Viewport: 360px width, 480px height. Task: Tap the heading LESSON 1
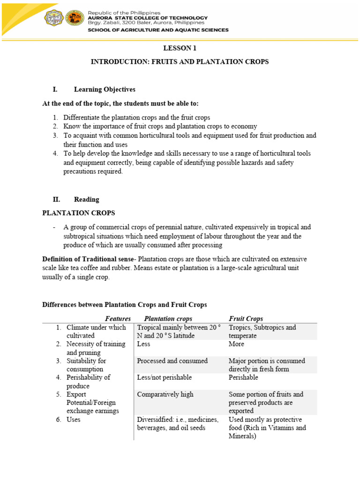(180, 48)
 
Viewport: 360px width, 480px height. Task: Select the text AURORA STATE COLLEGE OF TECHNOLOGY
(148, 17)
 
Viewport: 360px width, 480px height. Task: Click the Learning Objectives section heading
(105, 89)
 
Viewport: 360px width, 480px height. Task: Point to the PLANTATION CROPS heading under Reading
(78, 213)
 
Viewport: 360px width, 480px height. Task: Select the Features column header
(118, 319)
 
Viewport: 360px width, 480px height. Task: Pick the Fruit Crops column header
(246, 319)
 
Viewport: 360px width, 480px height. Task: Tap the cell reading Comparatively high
(165, 394)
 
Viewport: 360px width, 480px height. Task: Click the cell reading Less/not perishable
(164, 377)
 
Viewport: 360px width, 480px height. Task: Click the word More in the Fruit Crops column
(237, 344)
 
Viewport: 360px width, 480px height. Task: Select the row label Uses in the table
(74, 420)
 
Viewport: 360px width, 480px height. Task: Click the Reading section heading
(86, 199)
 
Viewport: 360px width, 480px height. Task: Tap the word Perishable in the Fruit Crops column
(243, 377)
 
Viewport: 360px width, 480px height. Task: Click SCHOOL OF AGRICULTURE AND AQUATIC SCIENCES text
(158, 30)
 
